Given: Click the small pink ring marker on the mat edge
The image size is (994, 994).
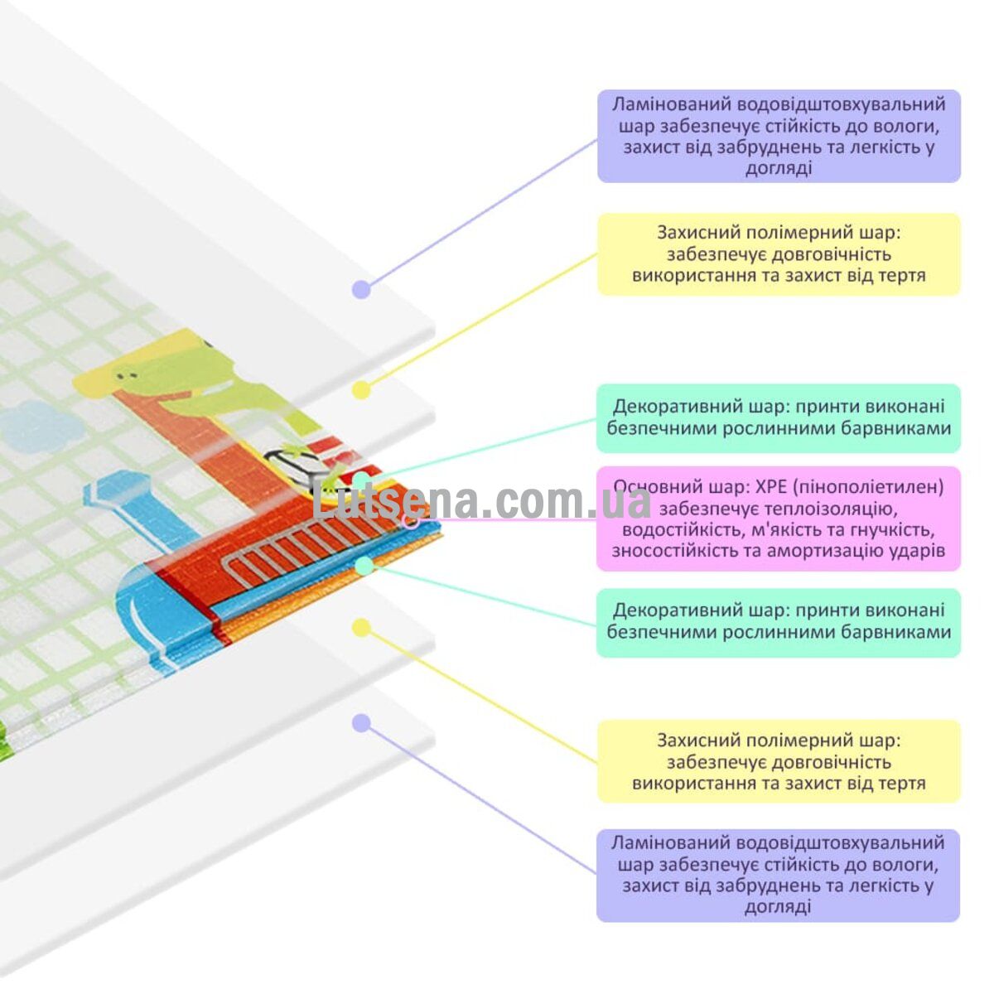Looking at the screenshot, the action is pos(411,523).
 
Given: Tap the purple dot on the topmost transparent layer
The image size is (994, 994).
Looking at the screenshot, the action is pos(361,290).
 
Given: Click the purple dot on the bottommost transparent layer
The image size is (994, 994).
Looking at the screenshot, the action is pos(361,724).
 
